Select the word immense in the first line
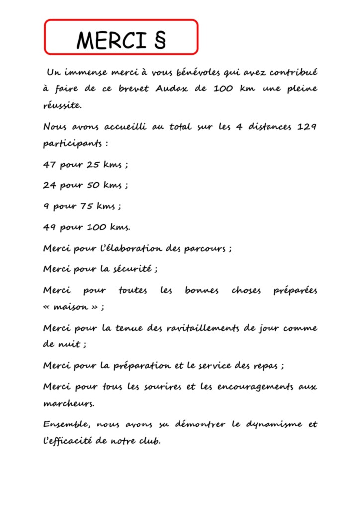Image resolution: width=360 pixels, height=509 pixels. point(85,72)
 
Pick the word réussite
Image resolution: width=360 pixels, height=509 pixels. point(62,105)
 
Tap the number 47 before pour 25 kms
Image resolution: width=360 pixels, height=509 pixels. point(49,165)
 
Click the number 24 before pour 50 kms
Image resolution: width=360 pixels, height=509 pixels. point(49,185)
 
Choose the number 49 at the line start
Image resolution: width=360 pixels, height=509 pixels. point(49,227)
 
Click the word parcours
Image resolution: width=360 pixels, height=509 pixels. point(205,249)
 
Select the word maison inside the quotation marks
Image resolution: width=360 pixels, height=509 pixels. point(73,307)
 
